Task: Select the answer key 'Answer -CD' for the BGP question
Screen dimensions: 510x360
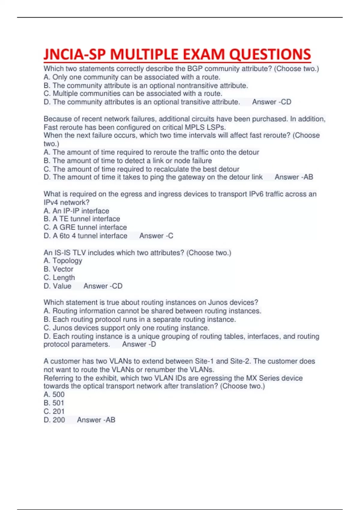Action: click(271, 102)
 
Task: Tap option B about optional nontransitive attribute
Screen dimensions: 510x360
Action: click(146, 85)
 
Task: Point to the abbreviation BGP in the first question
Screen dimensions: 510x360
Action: click(195, 69)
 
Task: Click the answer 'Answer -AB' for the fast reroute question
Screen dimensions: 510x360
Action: click(294, 177)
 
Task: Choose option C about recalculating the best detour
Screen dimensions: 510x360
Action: click(142, 169)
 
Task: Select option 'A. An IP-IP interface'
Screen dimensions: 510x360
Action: click(76, 211)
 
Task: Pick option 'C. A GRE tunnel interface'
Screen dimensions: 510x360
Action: click(85, 227)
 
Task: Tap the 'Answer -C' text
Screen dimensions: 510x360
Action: click(156, 236)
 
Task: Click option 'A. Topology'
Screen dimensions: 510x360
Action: click(63, 261)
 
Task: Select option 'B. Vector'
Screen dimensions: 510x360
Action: click(58, 269)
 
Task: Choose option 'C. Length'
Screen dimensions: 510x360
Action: click(59, 277)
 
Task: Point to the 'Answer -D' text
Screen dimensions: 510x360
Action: click(139, 344)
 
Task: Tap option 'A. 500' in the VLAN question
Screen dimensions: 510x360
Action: click(54, 394)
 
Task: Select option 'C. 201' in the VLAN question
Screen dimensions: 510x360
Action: click(54, 411)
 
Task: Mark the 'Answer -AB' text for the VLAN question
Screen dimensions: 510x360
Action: click(96, 420)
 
